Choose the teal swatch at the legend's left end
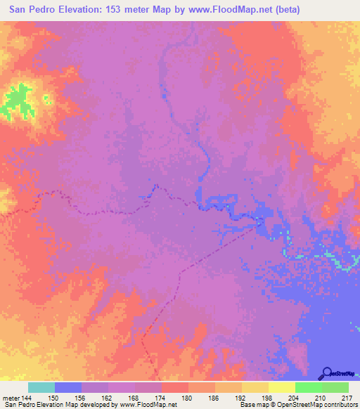pyautogui.click(x=41, y=387)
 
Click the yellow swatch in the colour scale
pyautogui.click(x=281, y=387)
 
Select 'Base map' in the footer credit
pyautogui.click(x=252, y=405)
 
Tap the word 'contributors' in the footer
pyautogui.click(x=337, y=405)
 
